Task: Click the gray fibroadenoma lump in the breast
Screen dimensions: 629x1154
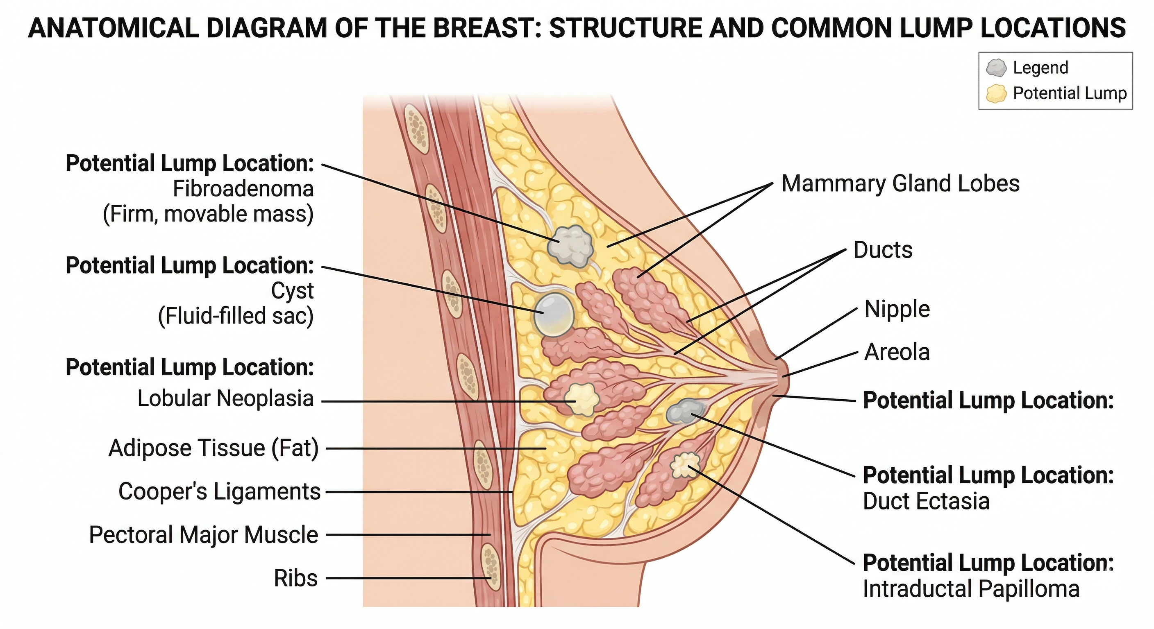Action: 570,246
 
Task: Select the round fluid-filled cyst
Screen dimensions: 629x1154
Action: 554,314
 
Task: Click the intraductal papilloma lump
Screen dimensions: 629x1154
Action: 686,465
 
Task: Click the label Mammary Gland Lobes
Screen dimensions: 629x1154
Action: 900,184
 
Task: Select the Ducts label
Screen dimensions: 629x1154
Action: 883,250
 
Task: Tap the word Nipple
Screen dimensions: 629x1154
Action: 897,309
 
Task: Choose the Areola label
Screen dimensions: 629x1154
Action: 897,352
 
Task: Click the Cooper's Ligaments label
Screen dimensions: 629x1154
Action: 220,491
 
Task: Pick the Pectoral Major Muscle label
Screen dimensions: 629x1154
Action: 203,535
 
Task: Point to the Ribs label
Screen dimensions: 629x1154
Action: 295,578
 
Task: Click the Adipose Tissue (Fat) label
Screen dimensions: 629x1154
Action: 214,448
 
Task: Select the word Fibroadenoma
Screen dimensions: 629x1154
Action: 243,189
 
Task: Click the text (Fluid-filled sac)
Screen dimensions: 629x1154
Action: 236,316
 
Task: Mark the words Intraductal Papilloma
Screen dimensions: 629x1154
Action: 971,589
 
